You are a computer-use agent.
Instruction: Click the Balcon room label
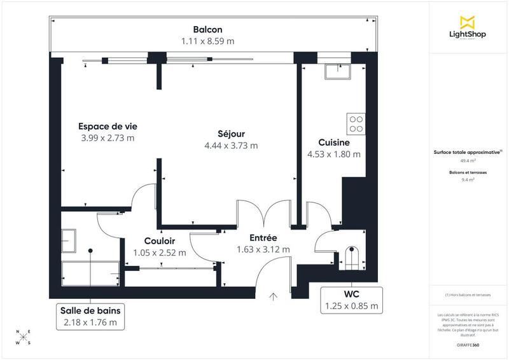point(207,29)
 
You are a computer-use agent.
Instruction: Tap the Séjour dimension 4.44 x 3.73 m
point(230,145)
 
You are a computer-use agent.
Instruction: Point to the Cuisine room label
point(334,142)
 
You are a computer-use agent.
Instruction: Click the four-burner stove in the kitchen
point(356,123)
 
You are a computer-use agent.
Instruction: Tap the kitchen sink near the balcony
point(335,71)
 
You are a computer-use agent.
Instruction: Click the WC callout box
point(351,300)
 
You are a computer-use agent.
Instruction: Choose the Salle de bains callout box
point(90,316)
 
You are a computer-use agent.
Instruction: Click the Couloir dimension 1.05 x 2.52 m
point(160,253)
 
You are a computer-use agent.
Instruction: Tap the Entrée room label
point(263,237)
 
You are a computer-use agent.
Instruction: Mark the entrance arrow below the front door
point(274,296)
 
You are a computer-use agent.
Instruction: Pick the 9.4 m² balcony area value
point(468,180)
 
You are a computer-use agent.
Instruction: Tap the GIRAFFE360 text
point(468,344)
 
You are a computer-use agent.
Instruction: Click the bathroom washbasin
point(69,240)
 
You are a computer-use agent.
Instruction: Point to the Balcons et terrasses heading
point(468,172)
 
